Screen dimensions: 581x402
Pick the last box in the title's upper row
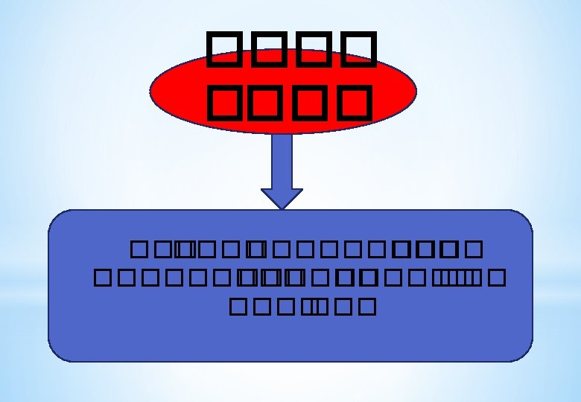(x=351, y=49)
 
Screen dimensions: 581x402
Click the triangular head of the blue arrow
(x=282, y=197)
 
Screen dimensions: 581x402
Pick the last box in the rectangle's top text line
(x=477, y=248)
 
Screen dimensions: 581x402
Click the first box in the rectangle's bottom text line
(x=238, y=307)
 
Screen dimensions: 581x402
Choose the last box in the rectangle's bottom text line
(x=365, y=307)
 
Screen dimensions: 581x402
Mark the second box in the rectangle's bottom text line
(x=256, y=307)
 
